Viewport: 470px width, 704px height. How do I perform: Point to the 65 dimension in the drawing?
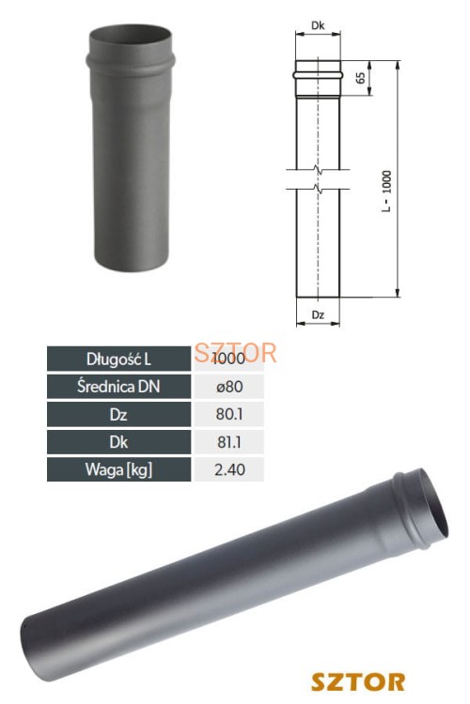pyautogui.click(x=360, y=78)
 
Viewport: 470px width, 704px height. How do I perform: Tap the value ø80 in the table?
pyautogui.click(x=229, y=386)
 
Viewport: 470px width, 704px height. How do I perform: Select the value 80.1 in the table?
pyautogui.click(x=229, y=413)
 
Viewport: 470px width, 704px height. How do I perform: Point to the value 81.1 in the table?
pyautogui.click(x=229, y=440)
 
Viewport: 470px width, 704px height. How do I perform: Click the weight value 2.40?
pyautogui.click(x=229, y=467)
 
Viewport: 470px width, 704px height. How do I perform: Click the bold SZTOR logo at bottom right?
pyautogui.click(x=358, y=680)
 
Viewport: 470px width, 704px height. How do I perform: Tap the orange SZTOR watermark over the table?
pyautogui.click(x=236, y=354)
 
